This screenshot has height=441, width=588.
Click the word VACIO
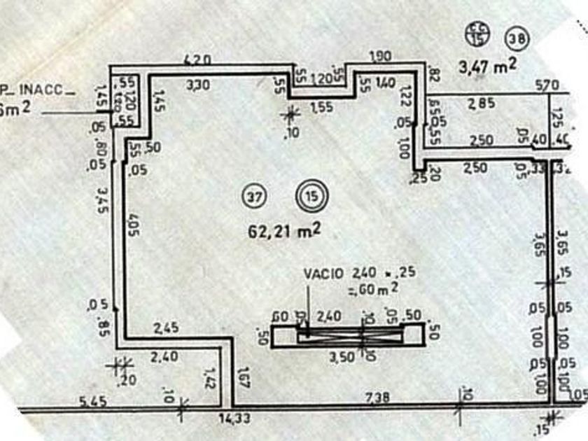[x=323, y=273]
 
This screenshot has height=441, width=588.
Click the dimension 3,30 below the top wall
[x=201, y=85]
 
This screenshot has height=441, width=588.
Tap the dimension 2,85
[x=482, y=104]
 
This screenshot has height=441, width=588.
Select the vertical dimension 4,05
[x=134, y=230]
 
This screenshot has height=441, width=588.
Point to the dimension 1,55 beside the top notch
[x=321, y=106]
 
